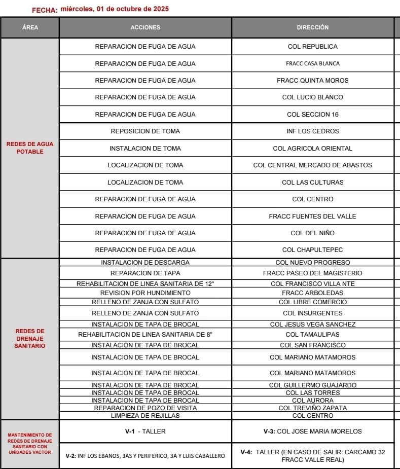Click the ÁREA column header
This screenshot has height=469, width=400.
tap(30, 27)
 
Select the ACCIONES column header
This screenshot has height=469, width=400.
tap(145, 27)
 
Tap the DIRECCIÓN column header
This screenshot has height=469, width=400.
tap(313, 27)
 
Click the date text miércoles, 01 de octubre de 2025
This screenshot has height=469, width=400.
tap(115, 9)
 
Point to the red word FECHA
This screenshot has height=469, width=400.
tap(45, 10)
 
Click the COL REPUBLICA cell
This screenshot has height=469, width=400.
tap(313, 47)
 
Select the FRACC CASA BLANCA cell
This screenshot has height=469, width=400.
tap(313, 63)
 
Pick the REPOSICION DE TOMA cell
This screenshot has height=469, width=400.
tap(145, 131)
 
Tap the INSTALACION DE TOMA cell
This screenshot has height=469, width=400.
tap(145, 149)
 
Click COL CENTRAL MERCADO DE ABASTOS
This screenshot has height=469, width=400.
tap(313, 165)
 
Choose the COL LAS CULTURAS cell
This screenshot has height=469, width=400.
tap(313, 182)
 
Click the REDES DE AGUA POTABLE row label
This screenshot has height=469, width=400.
tap(30, 148)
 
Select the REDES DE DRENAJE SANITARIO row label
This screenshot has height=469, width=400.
tap(30, 338)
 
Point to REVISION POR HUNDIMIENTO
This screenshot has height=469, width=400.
tap(145, 293)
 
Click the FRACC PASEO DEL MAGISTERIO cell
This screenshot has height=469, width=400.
tap(313, 273)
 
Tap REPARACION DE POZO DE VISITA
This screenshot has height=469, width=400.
tap(145, 408)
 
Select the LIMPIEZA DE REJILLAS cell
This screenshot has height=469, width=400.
tap(145, 416)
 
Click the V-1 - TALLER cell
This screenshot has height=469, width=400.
tap(145, 431)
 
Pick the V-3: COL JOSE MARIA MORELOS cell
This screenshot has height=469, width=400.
tap(313, 431)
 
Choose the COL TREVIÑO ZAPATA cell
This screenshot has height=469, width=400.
tap(313, 408)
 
